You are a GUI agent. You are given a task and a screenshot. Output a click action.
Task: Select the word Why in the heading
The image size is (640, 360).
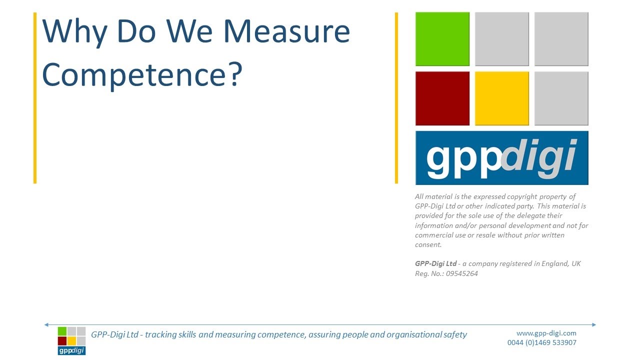click(x=74, y=32)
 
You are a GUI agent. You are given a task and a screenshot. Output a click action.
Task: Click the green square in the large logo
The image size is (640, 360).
click(x=442, y=39)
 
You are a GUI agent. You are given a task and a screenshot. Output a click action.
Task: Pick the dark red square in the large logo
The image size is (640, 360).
click(x=442, y=98)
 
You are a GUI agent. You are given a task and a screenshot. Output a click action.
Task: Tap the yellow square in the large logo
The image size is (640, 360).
click(x=501, y=98)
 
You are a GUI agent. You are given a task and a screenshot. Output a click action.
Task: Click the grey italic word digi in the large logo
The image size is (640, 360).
click(x=539, y=157)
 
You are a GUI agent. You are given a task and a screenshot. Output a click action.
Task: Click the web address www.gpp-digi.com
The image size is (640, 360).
click(x=546, y=333)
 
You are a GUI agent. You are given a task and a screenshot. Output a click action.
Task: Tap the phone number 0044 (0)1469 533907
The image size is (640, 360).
click(x=541, y=343)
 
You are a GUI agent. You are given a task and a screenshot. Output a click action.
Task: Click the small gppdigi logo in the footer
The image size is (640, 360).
click(x=71, y=340)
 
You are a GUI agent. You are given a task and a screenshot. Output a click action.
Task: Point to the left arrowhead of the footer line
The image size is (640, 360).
click(x=46, y=325)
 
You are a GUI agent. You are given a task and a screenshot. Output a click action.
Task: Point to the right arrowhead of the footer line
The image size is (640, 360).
click(x=594, y=325)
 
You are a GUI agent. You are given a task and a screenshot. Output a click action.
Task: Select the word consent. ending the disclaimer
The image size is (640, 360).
click(x=428, y=244)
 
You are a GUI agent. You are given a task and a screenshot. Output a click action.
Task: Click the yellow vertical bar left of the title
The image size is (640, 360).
click(x=35, y=98)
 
